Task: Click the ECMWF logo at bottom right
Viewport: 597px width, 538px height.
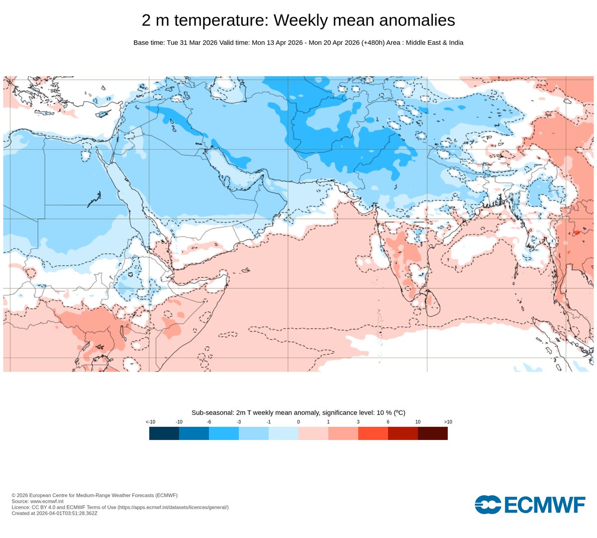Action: (x=530, y=505)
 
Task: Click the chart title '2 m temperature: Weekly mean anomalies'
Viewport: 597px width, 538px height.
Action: (x=298, y=20)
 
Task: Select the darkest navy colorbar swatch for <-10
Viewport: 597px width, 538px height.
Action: (x=164, y=433)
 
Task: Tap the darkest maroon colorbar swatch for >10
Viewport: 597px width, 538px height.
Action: (x=432, y=433)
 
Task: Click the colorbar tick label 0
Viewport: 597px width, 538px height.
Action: (x=298, y=422)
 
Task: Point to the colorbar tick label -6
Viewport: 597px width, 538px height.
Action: (x=209, y=422)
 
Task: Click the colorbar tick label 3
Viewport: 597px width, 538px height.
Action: (x=358, y=422)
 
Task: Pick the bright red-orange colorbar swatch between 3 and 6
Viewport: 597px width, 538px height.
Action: (x=373, y=433)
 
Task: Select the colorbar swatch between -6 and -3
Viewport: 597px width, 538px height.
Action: (x=223, y=433)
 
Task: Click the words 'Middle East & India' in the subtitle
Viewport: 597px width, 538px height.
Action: (x=434, y=43)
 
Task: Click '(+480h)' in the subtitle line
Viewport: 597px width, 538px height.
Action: (x=374, y=43)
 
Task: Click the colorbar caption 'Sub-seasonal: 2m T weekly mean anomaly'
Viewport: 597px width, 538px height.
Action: (x=255, y=413)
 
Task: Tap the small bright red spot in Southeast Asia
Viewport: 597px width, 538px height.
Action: (x=577, y=232)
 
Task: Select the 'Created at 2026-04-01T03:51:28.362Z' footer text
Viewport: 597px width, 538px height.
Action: (x=54, y=513)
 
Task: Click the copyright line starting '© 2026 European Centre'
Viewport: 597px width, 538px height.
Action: (x=95, y=495)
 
